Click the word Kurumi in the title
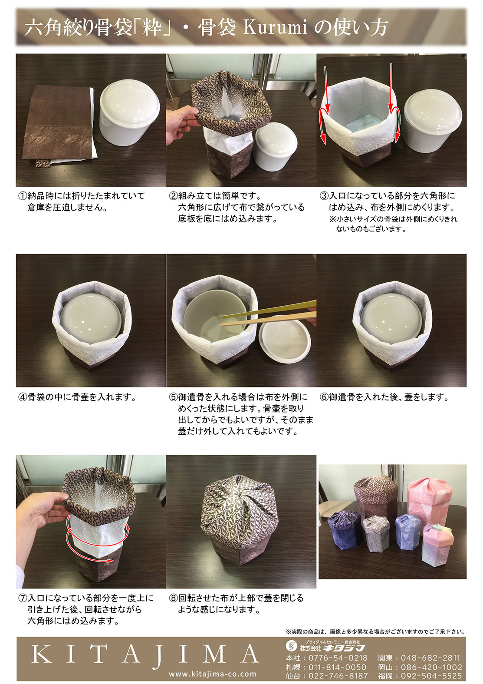[275, 28]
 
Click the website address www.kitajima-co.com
[212, 674]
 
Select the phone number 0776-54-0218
[338, 658]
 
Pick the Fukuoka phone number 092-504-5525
[431, 676]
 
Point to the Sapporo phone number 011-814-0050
[338, 667]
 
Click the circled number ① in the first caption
[23, 196]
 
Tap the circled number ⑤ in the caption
[173, 397]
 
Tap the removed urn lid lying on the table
[284, 339]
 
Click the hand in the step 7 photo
[41, 516]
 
